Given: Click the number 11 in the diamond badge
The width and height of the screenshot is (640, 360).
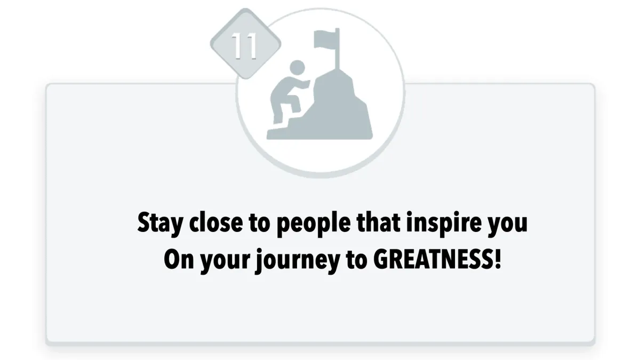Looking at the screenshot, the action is pyautogui.click(x=244, y=46).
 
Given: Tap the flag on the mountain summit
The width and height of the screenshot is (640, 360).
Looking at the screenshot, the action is pyautogui.click(x=326, y=39).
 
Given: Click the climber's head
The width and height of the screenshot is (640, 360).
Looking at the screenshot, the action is pyautogui.click(x=297, y=68).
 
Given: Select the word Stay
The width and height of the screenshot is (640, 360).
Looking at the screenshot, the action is pyautogui.click(x=161, y=223).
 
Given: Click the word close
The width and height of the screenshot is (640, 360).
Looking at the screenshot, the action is pyautogui.click(x=216, y=222).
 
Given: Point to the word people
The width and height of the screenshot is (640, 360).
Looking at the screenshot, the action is pyautogui.click(x=314, y=224).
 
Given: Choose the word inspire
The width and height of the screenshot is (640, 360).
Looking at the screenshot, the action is pyautogui.click(x=444, y=224).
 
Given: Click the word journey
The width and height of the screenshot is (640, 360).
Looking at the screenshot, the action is pyautogui.click(x=298, y=261).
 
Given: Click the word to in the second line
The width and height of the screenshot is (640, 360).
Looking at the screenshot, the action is pyautogui.click(x=357, y=260).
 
